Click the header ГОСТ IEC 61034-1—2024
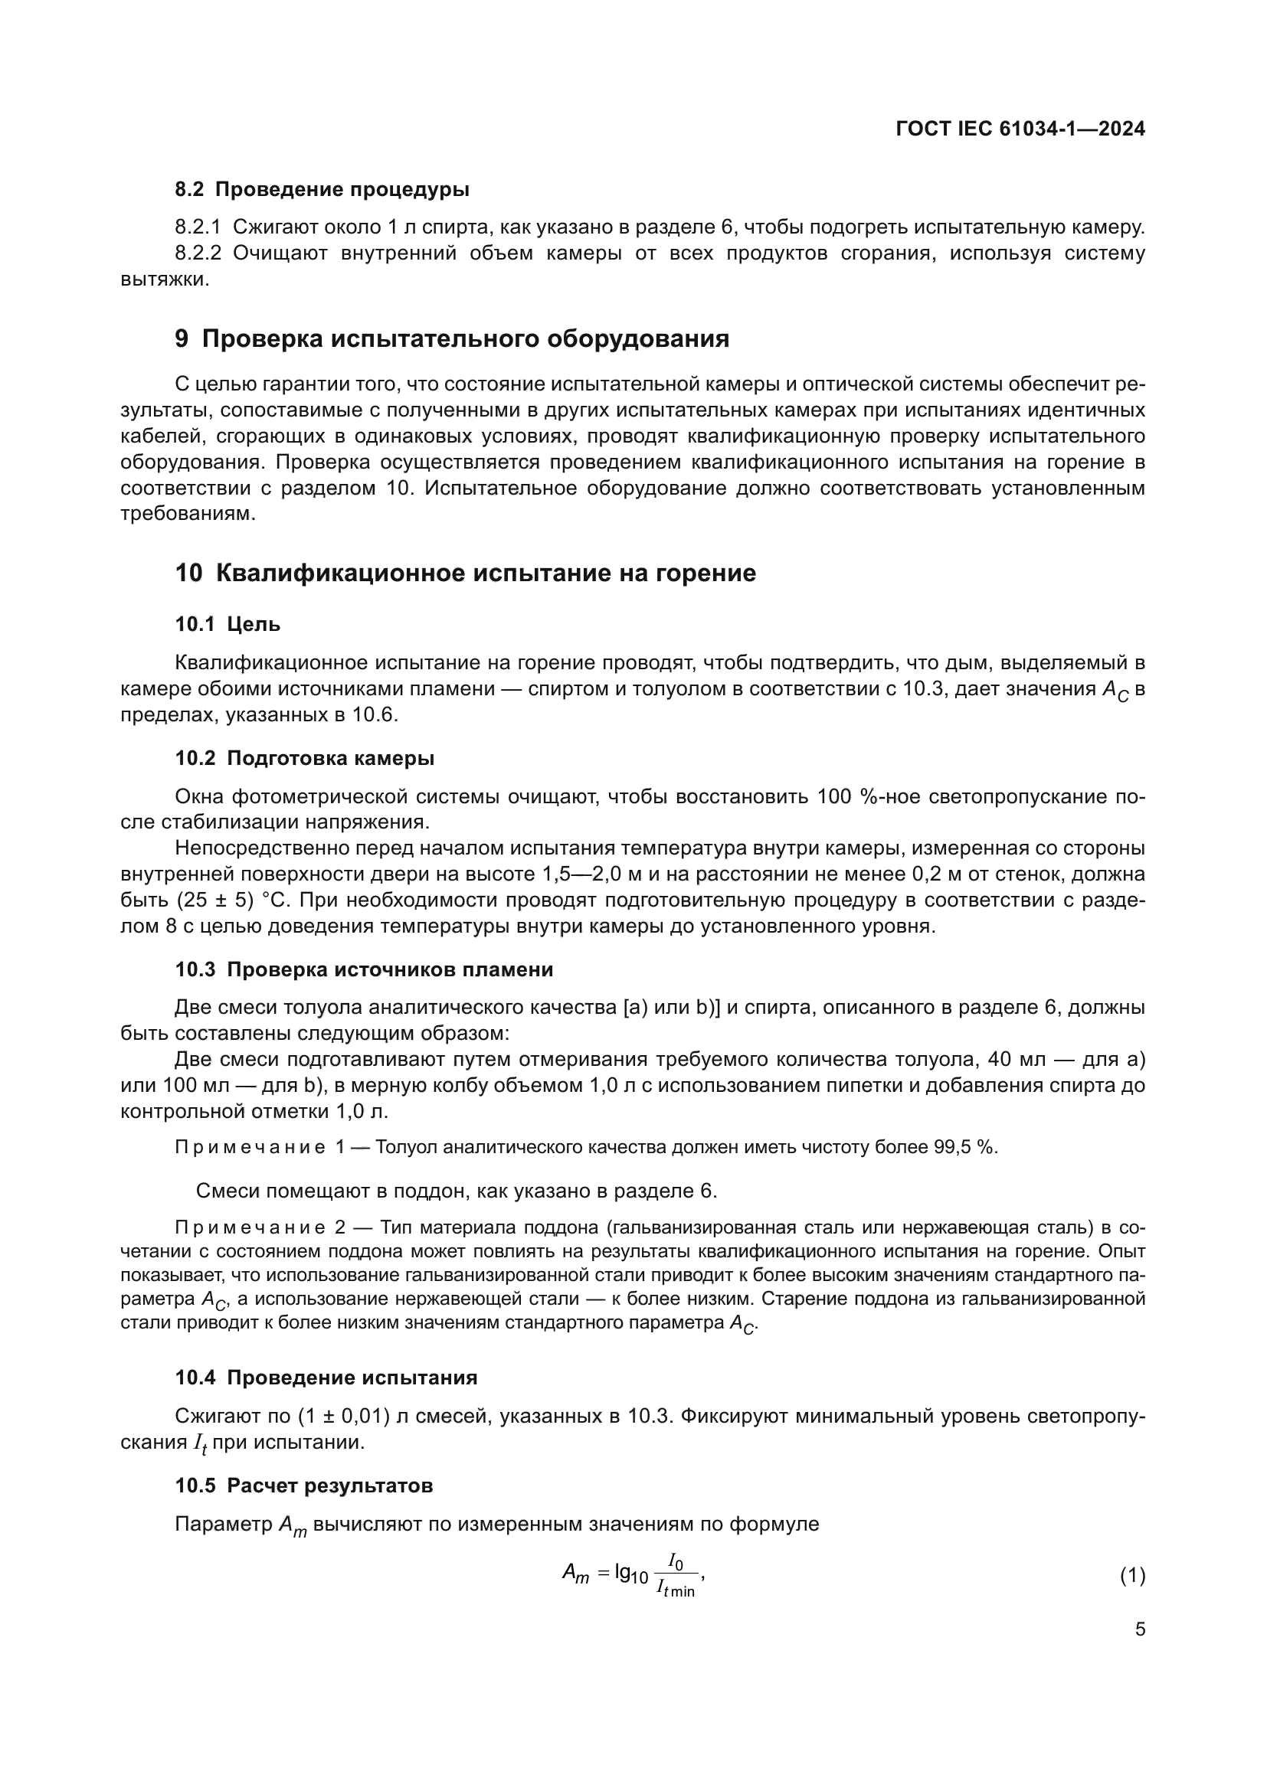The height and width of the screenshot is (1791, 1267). tap(1020, 129)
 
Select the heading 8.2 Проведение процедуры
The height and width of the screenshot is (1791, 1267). tap(322, 190)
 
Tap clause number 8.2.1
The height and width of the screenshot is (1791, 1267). tap(198, 227)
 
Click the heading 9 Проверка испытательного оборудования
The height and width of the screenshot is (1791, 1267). tap(453, 339)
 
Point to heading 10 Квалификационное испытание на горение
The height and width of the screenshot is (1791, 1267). tap(465, 574)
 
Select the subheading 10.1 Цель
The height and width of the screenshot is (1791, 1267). tap(227, 624)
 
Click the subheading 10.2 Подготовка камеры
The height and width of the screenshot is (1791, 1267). tap(304, 758)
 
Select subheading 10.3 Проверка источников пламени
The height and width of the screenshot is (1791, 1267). tap(364, 969)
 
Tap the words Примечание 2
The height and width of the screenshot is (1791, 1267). tap(260, 1227)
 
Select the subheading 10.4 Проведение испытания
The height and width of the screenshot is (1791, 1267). tap(326, 1378)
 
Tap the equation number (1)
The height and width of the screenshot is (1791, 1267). tap(1132, 1576)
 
